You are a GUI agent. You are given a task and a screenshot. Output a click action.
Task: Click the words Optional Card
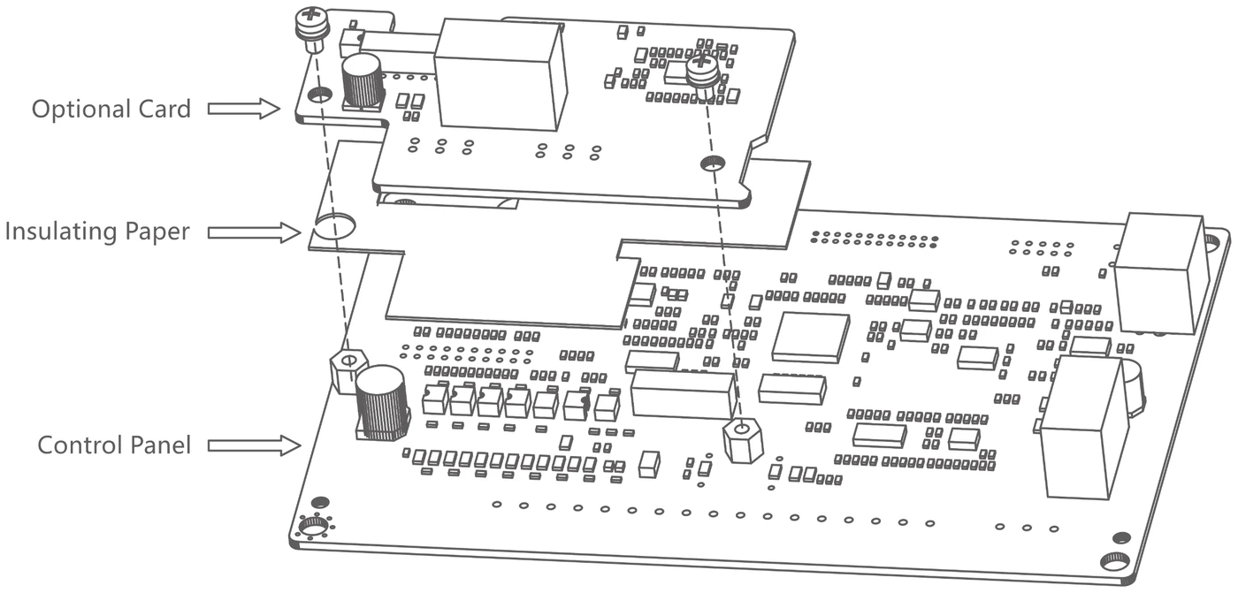point(111,110)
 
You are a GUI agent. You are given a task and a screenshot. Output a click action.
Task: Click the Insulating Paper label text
point(97,232)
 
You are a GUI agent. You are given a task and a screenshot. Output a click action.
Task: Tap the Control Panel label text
point(114,445)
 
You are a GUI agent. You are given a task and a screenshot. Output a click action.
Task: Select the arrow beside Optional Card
point(244,108)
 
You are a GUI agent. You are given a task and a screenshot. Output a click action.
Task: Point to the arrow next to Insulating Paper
point(255,233)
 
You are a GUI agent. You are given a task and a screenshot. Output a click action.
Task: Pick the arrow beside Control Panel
point(255,445)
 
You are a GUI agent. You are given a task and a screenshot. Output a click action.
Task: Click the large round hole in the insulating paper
point(335,226)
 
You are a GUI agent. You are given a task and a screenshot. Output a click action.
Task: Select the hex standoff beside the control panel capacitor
point(348,371)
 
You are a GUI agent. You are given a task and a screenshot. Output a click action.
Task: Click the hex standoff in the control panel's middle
point(742,440)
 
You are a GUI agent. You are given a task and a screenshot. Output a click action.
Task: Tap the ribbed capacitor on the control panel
point(381,403)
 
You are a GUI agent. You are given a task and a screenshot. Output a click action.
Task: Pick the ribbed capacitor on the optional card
point(363,80)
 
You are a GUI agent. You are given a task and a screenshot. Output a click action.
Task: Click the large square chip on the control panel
point(812,336)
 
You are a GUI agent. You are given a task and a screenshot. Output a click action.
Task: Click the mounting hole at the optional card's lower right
point(713,163)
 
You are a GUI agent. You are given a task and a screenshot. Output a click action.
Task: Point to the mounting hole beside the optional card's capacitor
point(320,95)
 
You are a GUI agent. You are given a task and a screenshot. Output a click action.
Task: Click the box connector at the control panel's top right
point(1159,273)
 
